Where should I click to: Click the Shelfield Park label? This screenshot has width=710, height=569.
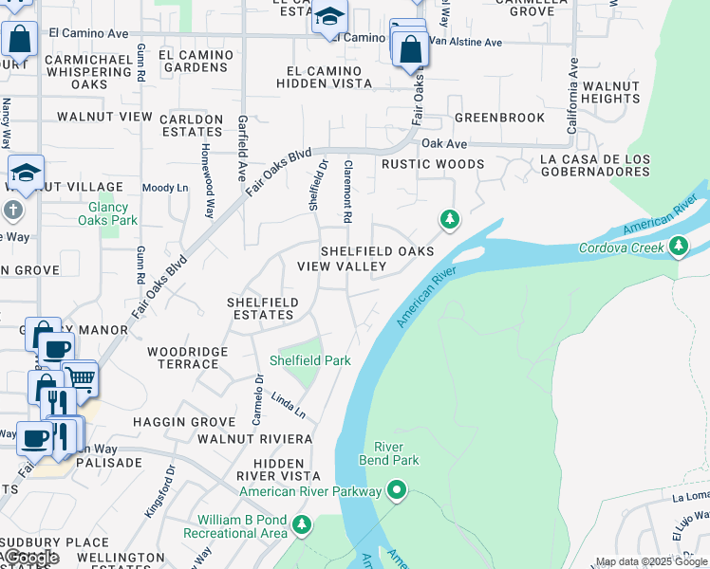click(310, 360)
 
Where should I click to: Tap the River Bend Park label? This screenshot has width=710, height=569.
click(388, 453)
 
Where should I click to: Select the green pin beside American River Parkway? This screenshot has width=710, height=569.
click(397, 490)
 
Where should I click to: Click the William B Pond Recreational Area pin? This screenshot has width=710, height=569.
click(302, 523)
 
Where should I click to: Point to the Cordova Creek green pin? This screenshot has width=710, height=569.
click(678, 248)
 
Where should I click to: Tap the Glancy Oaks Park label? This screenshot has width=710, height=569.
click(113, 213)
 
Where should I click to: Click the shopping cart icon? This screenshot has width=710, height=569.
click(81, 378)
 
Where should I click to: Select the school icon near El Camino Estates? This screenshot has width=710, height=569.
click(329, 17)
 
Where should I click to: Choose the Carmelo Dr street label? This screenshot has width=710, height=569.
click(258, 398)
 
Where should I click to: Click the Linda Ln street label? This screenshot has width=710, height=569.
click(288, 405)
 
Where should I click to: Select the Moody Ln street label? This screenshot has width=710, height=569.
click(164, 188)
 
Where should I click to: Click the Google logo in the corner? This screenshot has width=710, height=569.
click(30, 558)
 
